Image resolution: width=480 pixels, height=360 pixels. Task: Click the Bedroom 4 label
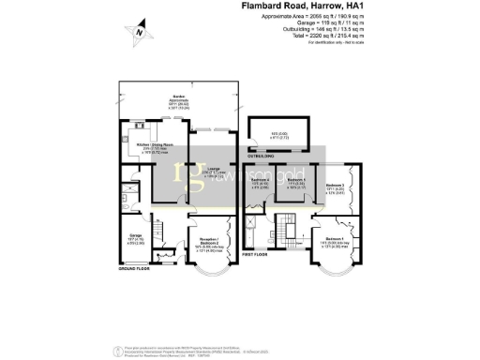click(x=260, y=184)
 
